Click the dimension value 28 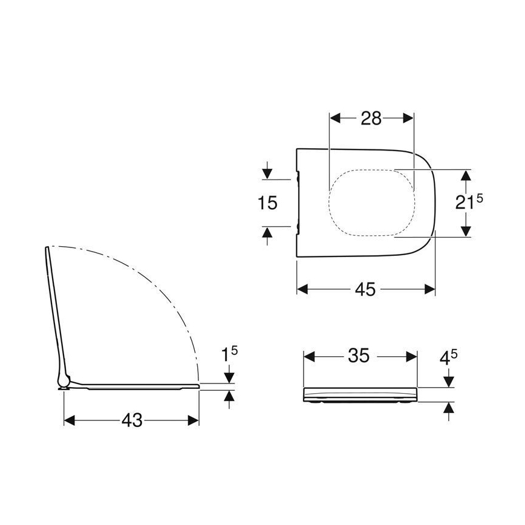(371, 119)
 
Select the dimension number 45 (366, 290)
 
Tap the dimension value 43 (131, 420)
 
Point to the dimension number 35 (359, 356)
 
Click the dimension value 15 (267, 203)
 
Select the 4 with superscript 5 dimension (448, 357)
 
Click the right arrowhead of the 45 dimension (430, 290)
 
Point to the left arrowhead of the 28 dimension (334, 119)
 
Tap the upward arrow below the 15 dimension (267, 233)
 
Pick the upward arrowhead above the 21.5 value (465, 175)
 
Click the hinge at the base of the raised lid (62, 382)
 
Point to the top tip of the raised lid (47, 248)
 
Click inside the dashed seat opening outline (371, 201)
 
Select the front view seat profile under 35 (359, 394)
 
